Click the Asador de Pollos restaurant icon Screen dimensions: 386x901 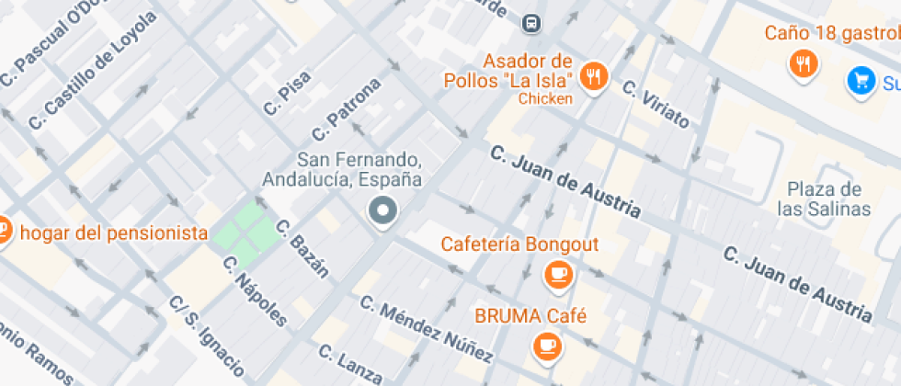[x=595, y=76]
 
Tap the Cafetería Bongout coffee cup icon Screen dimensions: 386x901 [x=557, y=273]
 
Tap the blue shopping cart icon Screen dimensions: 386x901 [x=861, y=81]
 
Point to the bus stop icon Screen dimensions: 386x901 [x=531, y=22]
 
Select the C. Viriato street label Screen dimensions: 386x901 [x=655, y=103]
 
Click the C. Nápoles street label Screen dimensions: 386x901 [x=256, y=289]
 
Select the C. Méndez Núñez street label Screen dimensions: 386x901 [x=425, y=328]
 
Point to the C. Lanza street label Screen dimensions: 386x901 [x=349, y=363]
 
